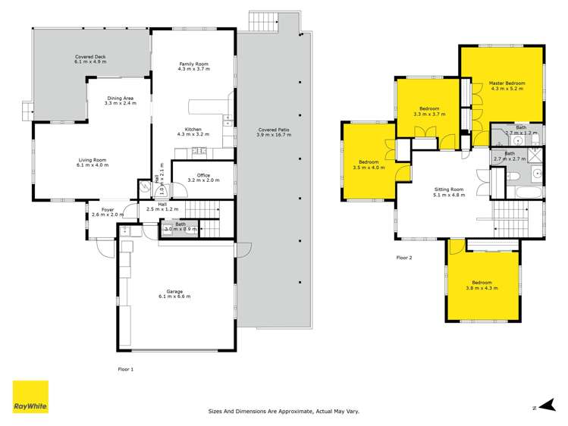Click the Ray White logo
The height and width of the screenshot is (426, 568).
point(30,396)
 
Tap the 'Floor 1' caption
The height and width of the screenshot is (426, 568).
point(126,369)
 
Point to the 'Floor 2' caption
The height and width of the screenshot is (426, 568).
point(404,258)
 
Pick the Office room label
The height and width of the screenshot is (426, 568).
point(203,177)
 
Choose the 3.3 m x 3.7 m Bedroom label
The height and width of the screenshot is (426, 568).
point(429,111)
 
